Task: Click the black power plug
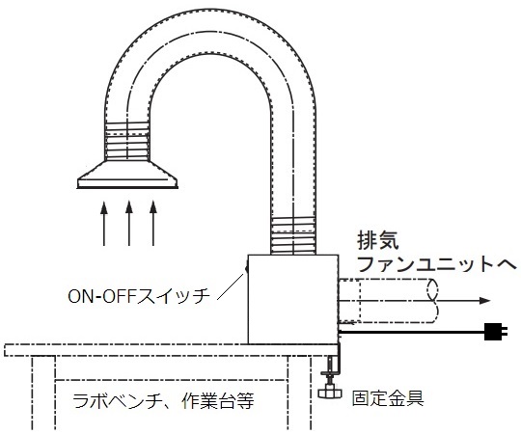coord(495,332)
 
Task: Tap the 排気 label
coord(378,240)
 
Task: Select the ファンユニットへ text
coord(437,264)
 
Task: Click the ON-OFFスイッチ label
coord(139,296)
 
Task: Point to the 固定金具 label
coord(388,398)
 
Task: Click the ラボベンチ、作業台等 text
coord(163,401)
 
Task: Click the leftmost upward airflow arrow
coord(104,223)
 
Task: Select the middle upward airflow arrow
coord(129,223)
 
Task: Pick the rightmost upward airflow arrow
coord(153,223)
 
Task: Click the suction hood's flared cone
coord(127,175)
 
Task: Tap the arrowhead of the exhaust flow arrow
coord(484,301)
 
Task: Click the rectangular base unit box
coord(293,299)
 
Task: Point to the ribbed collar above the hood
coord(126,142)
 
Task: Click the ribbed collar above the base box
coord(292,235)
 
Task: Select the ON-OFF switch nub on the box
coord(247,268)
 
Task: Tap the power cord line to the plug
coord(412,332)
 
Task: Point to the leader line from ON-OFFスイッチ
coord(231,287)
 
